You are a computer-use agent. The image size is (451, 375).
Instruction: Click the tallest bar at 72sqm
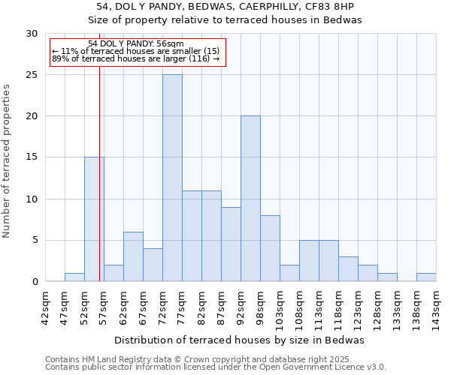click(172, 178)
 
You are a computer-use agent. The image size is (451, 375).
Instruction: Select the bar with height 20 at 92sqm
click(250, 199)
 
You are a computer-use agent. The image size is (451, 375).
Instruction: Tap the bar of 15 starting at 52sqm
click(94, 219)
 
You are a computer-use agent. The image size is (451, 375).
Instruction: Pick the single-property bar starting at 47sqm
click(74, 277)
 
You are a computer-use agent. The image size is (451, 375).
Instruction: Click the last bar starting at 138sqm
click(426, 277)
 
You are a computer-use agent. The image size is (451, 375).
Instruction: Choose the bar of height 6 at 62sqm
click(133, 256)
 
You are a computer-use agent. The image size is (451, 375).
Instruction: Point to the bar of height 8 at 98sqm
click(270, 248)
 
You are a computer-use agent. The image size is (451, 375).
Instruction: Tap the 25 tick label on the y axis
click(32, 75)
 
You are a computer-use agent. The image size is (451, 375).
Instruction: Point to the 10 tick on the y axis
click(32, 199)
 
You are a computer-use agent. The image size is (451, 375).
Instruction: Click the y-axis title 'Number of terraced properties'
click(7, 161)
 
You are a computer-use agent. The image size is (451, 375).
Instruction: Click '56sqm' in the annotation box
click(168, 44)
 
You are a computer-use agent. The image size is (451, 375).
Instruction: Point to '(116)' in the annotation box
click(198, 58)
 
